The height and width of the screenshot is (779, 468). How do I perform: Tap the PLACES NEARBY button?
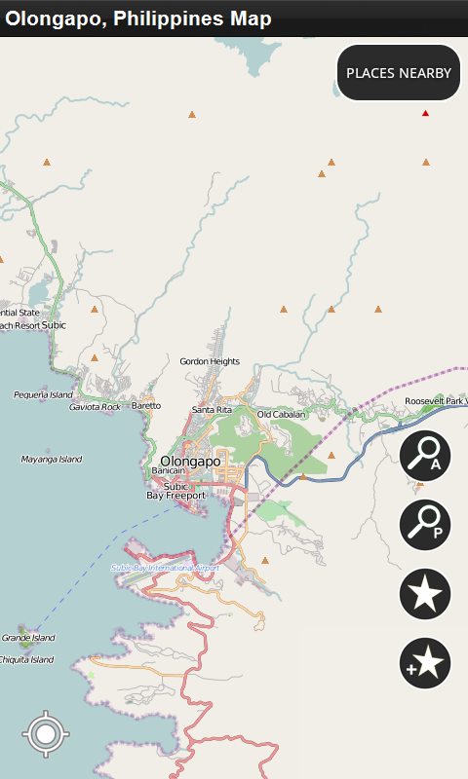399,73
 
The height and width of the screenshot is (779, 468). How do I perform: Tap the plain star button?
425,593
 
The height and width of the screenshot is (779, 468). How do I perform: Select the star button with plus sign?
425,664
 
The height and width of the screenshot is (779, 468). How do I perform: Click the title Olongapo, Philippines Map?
139,19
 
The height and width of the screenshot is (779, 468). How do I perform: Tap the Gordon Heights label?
210,361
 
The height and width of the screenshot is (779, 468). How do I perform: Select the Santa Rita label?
212,410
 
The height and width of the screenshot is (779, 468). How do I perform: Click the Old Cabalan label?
282,414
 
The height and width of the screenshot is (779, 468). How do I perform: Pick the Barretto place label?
146,405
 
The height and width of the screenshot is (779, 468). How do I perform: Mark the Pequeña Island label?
43,394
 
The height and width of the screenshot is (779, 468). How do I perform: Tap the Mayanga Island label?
52,459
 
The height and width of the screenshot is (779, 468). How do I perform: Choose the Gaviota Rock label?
95,406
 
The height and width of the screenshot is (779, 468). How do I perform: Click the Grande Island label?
28,638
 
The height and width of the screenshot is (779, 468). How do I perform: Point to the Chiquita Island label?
27,659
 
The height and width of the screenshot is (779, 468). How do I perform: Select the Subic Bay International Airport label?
165,567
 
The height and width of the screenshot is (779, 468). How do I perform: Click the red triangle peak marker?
425,114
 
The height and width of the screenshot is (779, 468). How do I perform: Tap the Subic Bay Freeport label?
175,491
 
